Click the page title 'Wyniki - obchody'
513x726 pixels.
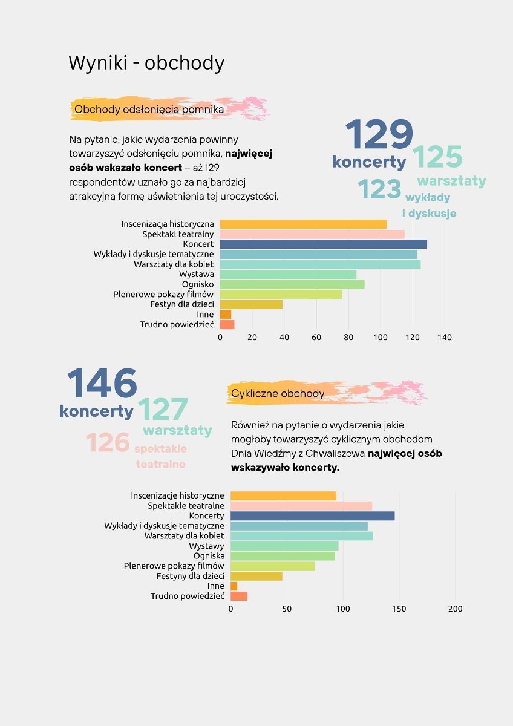(x=146, y=63)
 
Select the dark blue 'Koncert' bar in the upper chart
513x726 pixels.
(x=323, y=244)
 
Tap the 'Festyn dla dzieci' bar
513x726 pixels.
(x=251, y=304)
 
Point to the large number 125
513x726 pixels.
(x=437, y=157)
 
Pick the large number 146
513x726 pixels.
(x=102, y=385)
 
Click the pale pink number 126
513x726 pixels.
(x=108, y=443)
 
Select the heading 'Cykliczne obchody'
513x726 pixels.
(x=278, y=394)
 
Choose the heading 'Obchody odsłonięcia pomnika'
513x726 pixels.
(x=149, y=110)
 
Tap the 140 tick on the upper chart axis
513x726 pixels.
(x=445, y=337)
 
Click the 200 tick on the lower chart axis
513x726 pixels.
(x=455, y=609)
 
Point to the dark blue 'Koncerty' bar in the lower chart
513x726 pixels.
(x=312, y=516)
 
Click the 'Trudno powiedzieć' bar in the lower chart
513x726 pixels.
(x=239, y=596)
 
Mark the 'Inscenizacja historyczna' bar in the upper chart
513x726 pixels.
(x=303, y=224)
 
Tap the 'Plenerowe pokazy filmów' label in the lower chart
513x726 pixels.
(x=174, y=566)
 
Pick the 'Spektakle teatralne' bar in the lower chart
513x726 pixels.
(x=301, y=506)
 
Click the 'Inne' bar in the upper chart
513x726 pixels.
(x=225, y=315)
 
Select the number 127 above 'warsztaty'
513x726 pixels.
(x=163, y=410)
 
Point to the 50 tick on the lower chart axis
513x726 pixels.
(x=287, y=609)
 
